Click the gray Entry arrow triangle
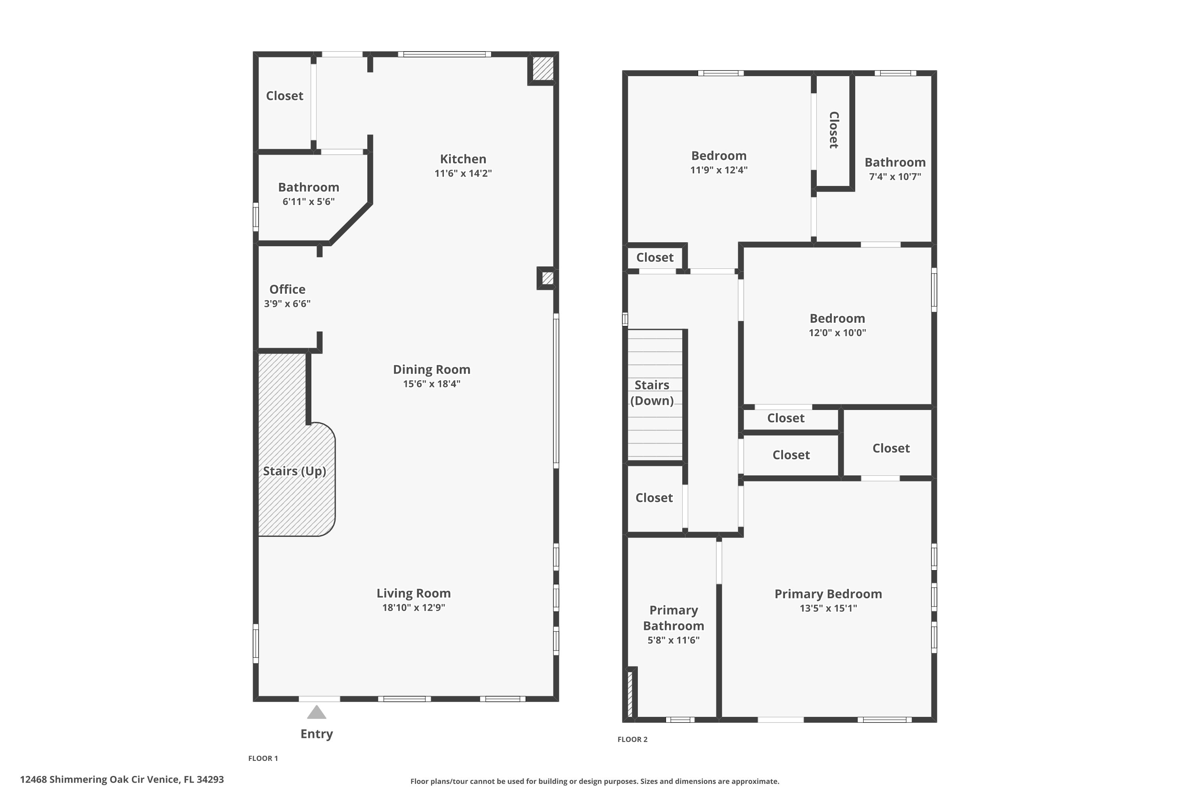coord(317,712)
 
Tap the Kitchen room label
coord(463,159)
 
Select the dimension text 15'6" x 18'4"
coord(432,384)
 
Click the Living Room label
coord(413,593)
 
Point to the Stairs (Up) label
coord(294,471)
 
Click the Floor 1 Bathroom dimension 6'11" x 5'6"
coord(309,202)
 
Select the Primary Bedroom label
coord(828,594)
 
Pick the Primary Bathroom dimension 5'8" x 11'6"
coord(674,640)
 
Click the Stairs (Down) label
coord(652,393)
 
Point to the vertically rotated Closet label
coord(834,130)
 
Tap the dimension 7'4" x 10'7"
coord(895,177)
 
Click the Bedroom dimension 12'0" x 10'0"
coord(837,333)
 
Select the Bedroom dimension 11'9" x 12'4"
coord(719,170)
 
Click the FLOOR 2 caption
coord(632,739)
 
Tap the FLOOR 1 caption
coord(263,758)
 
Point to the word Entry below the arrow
coord(317,734)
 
